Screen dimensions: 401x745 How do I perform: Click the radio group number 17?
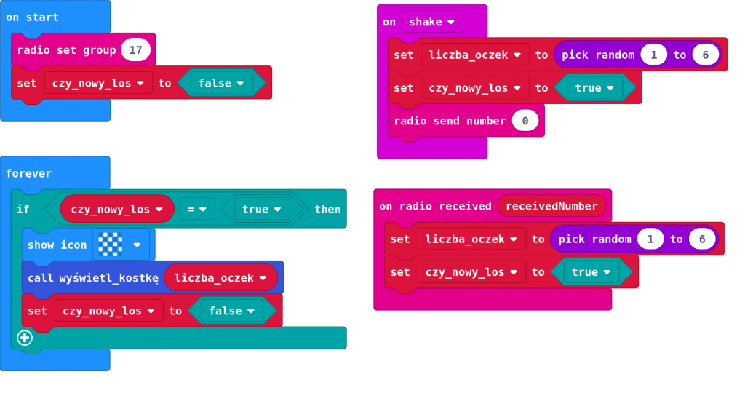pyautogui.click(x=135, y=50)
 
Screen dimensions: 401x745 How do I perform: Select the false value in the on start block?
pyautogui.click(x=220, y=83)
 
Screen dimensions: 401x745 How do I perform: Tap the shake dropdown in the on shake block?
pyautogui.click(x=431, y=22)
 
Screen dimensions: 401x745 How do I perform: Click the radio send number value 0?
pyautogui.click(x=525, y=121)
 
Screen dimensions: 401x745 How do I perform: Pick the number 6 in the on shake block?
pyautogui.click(x=705, y=55)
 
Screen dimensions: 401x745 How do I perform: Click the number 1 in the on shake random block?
pyautogui.click(x=653, y=55)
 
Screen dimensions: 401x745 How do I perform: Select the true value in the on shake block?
pyautogui.click(x=594, y=88)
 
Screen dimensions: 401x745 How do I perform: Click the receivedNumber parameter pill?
pyautogui.click(x=551, y=206)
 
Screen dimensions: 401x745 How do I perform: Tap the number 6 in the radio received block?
pyautogui.click(x=701, y=239)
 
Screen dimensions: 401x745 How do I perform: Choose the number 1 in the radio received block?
pyautogui.click(x=650, y=239)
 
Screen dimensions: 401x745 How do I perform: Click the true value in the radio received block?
pyautogui.click(x=591, y=272)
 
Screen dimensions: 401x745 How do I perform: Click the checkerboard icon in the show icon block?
pyautogui.click(x=111, y=245)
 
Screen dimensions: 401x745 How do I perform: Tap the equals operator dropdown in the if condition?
pyautogui.click(x=197, y=209)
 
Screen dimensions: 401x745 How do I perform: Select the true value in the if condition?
pyautogui.click(x=260, y=209)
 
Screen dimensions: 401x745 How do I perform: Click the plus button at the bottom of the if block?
pyautogui.click(x=25, y=338)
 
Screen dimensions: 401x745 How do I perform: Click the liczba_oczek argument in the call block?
pyautogui.click(x=220, y=277)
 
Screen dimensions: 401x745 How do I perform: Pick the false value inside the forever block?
pyautogui.click(x=231, y=311)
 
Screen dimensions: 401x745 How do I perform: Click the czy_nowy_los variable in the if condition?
pyautogui.click(x=116, y=209)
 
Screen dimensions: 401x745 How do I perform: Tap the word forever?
pyautogui.click(x=28, y=173)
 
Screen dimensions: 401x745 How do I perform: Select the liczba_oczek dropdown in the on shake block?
pyautogui.click(x=474, y=55)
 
